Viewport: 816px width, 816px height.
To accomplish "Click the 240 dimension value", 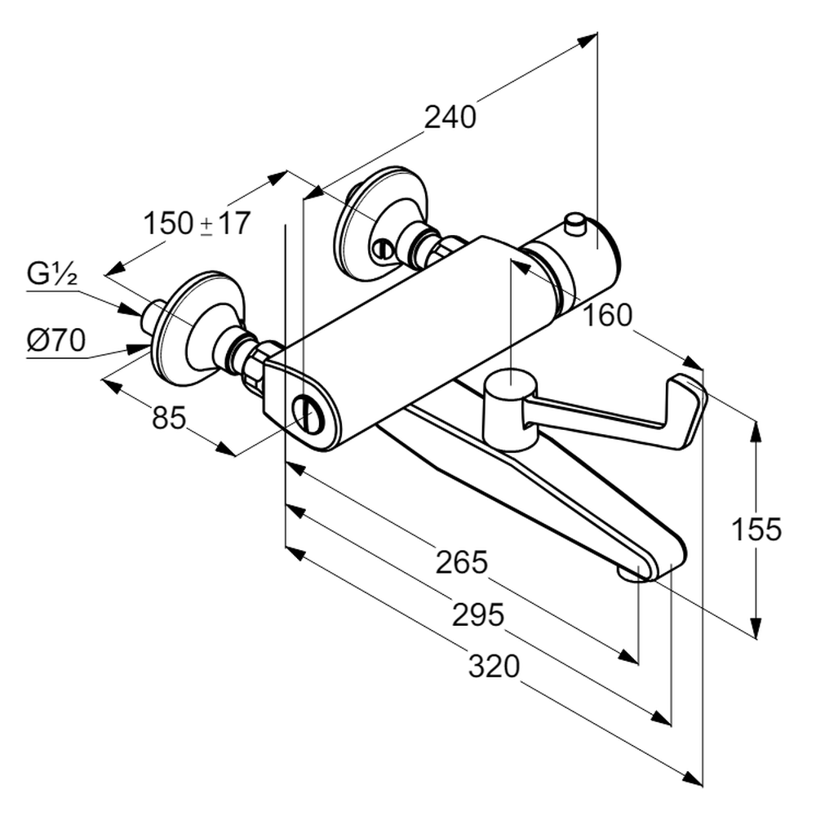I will (x=450, y=118).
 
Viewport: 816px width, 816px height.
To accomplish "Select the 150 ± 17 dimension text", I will (x=197, y=223).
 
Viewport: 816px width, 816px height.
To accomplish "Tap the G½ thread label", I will (x=52, y=274).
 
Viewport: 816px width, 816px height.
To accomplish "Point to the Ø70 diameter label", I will (x=55, y=340).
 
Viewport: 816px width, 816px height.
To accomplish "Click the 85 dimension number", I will (x=169, y=418).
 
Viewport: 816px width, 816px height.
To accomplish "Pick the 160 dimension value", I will (x=608, y=315).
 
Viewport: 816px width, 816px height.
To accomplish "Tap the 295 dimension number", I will (x=478, y=614).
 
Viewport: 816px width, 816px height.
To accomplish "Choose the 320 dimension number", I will (x=494, y=667).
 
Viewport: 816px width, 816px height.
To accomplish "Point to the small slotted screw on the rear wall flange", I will (x=380, y=249).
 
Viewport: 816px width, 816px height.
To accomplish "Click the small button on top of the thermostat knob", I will (x=575, y=223).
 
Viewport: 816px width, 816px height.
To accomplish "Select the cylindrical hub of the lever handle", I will (x=508, y=408).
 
